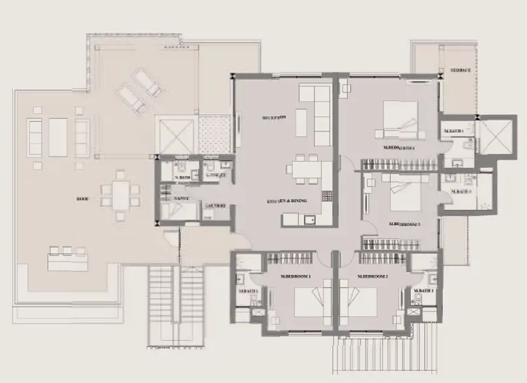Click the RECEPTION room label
tap(276, 117)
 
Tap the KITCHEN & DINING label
tap(287, 201)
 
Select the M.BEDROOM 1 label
tap(295, 276)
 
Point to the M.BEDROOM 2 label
tap(373, 276)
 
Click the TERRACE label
tap(461, 70)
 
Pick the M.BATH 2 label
tap(423, 291)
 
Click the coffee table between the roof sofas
tap(58, 137)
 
